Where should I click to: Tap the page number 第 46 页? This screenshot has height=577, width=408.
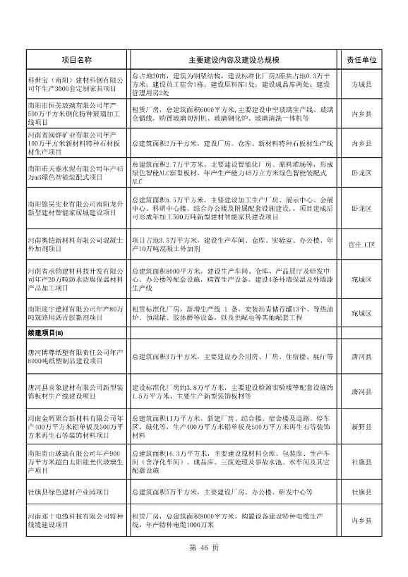[204, 547]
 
